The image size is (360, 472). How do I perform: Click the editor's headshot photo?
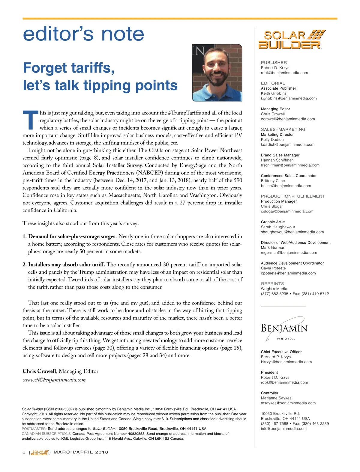217,73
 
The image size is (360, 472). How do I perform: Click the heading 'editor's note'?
83,34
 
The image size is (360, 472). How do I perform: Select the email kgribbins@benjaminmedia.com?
289,98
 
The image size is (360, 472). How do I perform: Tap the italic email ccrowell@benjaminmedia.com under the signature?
54,380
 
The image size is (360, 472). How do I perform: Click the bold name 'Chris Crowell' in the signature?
39,371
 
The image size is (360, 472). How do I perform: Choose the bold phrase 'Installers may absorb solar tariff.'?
66,265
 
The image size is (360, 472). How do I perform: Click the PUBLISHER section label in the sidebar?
274,63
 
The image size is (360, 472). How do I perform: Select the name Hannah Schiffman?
277,160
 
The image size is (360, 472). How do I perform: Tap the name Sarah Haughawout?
278,227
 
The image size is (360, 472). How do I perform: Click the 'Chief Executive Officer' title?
281,352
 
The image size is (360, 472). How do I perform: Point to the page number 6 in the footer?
24,452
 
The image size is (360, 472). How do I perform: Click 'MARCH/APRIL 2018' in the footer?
81,452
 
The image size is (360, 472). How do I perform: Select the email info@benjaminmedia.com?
283,429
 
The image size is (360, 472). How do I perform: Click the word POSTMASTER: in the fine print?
34,429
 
